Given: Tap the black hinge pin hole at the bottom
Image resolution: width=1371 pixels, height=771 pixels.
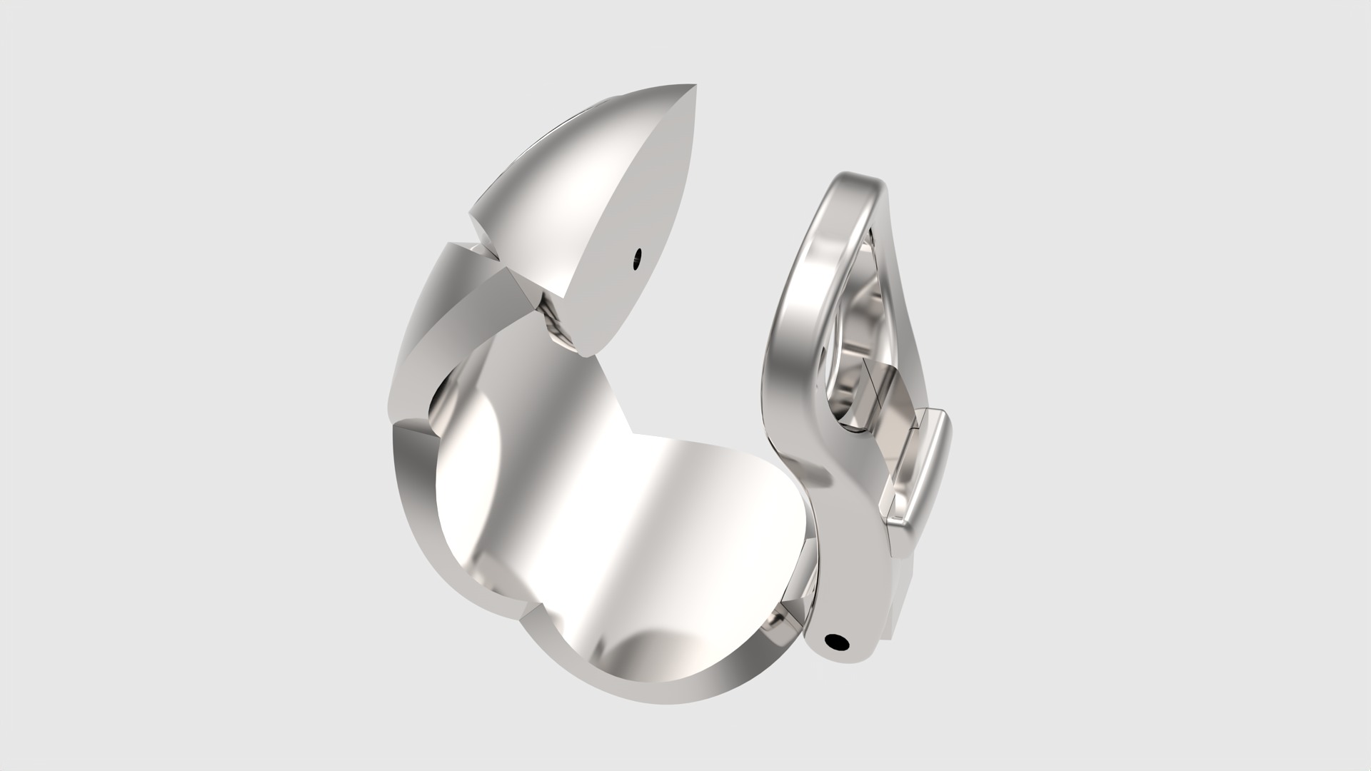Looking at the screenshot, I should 838,642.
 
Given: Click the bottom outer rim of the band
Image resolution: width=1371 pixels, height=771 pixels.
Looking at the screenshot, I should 657,696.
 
